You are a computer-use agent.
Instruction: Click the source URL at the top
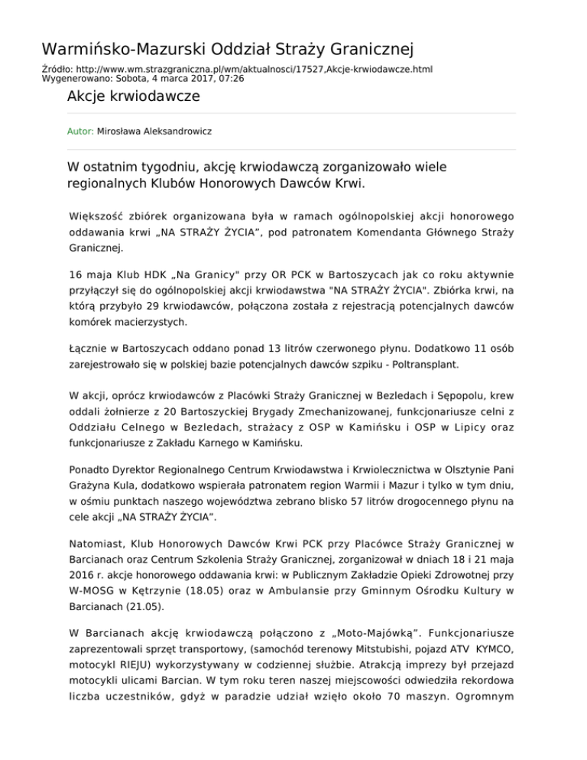(x=251, y=69)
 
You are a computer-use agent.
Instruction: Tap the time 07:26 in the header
(x=231, y=78)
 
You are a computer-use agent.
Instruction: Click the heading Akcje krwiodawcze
(x=134, y=96)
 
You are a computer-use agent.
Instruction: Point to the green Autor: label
(x=80, y=132)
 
